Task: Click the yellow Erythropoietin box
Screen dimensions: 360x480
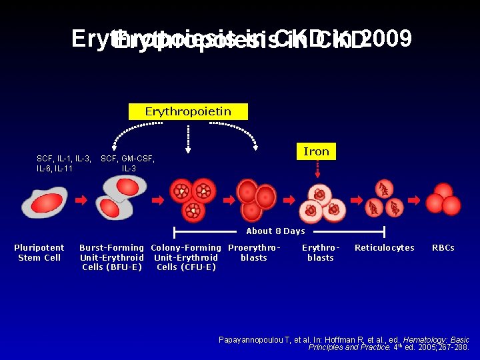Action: [x=187, y=111]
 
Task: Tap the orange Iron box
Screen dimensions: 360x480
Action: [x=316, y=151]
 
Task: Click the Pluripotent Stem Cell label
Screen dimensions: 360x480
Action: [x=39, y=253]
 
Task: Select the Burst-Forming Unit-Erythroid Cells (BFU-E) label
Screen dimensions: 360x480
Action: [x=111, y=257]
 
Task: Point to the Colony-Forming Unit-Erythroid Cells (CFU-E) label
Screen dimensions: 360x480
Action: [x=186, y=257]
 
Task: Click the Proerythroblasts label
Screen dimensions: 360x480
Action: [x=254, y=253]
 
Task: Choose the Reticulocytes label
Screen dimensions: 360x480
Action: [x=384, y=248]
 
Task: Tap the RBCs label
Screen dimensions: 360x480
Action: [x=443, y=248]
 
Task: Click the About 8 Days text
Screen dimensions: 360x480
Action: [x=275, y=231]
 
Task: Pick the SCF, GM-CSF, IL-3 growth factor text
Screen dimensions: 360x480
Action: [x=127, y=163]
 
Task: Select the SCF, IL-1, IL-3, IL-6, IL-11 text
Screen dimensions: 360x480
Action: [x=64, y=163]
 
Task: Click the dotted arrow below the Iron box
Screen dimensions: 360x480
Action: [x=318, y=176]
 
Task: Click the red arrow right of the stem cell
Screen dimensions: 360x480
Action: [x=81, y=200]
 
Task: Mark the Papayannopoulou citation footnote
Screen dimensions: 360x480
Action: [x=343, y=343]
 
